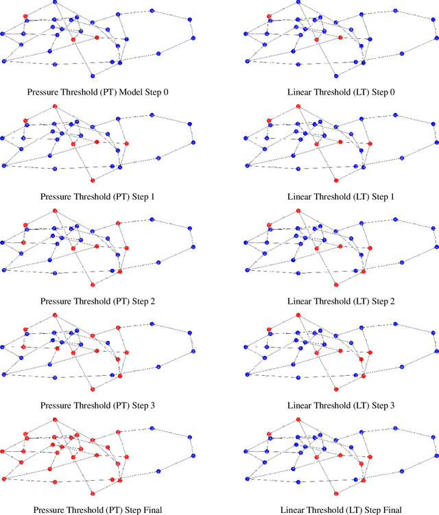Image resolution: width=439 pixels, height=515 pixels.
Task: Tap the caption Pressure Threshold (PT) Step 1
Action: [97, 197]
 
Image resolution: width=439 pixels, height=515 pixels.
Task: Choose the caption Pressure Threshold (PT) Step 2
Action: [97, 301]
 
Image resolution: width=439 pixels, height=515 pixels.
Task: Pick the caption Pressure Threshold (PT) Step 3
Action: [97, 406]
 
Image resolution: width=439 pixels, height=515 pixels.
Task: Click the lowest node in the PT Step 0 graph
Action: [92, 75]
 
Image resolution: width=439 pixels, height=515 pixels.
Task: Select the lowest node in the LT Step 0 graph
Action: [335, 75]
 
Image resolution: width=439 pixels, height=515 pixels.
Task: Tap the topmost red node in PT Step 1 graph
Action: [54, 106]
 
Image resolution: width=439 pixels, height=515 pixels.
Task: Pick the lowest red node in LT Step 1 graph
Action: [335, 180]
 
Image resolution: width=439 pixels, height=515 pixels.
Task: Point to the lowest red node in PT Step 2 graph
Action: [92, 285]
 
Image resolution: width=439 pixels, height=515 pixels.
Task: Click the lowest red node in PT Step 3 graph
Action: [92, 390]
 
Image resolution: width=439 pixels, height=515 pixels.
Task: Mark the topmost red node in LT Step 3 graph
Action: [298, 315]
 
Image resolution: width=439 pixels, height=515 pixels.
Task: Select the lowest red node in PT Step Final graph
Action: [92, 494]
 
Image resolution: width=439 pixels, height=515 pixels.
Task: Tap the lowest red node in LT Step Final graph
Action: [335, 494]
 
